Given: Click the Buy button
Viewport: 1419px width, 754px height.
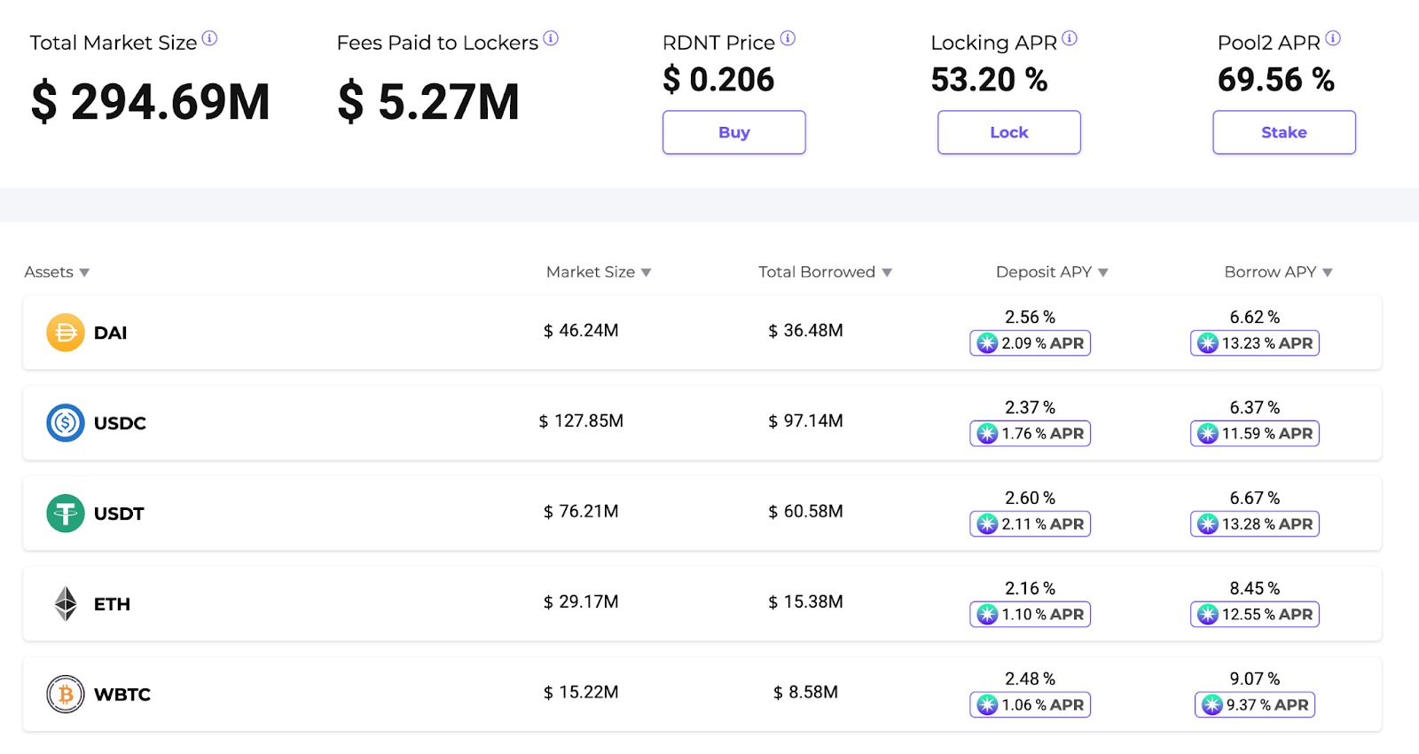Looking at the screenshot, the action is pos(733,132).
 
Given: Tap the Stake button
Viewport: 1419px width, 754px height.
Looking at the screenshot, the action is pos(1284,132).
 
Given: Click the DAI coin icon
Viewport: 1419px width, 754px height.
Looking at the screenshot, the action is pos(66,332).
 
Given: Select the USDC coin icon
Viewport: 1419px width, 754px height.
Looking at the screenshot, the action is pos(66,422).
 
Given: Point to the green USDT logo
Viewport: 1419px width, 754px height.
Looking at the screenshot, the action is pos(66,514).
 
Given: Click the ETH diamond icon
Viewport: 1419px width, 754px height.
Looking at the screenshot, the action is pos(66,604).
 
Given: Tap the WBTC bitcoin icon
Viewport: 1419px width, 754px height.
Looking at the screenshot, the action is pos(66,694).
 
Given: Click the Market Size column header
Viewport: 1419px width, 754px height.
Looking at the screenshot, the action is pos(591,271).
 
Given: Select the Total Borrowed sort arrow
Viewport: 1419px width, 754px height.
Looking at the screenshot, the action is pos(887,272).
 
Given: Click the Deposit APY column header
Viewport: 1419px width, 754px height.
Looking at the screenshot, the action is pos(1044,271).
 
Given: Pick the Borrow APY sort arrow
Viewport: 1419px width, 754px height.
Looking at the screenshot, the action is pos(1327,272).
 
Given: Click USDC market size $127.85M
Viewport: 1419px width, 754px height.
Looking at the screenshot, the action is pos(581,420).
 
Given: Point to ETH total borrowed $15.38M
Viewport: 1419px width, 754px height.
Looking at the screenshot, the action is pos(805,601).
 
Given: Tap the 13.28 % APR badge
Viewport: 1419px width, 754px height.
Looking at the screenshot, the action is pos(1254,523).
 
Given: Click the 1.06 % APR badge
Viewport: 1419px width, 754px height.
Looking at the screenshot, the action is pos(1030,704).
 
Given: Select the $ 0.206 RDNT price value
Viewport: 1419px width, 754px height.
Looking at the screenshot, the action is pos(718,79).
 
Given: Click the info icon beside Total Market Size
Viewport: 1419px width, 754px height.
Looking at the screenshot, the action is pos(209,39).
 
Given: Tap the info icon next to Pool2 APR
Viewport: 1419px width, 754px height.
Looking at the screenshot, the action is pos(1333,39).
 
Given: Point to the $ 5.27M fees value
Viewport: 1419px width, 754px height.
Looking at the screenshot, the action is pos(428,101).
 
